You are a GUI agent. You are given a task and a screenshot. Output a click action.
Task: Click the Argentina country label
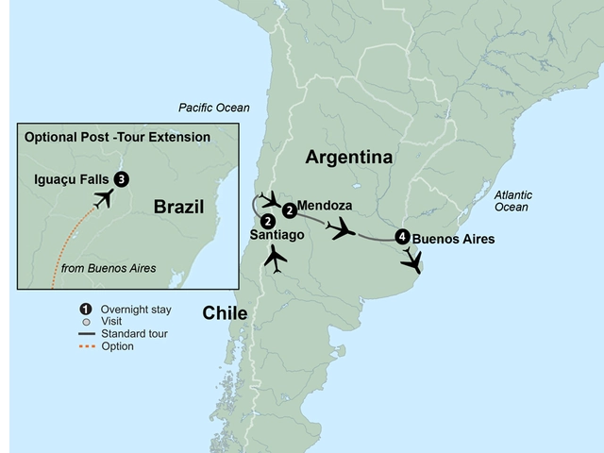pyautogui.click(x=348, y=157)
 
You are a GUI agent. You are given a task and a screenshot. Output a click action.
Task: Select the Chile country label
pyautogui.click(x=224, y=313)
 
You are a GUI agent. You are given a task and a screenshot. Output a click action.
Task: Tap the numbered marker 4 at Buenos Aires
pyautogui.click(x=403, y=237)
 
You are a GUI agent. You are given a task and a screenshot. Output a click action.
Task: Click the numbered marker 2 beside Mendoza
pyautogui.click(x=289, y=210)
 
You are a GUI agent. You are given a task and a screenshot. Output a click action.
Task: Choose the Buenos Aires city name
pyautogui.click(x=453, y=239)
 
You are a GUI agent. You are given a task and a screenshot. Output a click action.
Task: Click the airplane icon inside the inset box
pyautogui.click(x=104, y=198)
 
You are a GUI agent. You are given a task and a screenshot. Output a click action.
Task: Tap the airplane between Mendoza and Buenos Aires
pyautogui.click(x=341, y=228)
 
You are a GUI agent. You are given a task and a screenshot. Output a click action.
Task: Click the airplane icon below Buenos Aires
pyautogui.click(x=411, y=263)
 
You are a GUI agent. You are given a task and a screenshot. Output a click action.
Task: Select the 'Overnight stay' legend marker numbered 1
pyautogui.click(x=85, y=308)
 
